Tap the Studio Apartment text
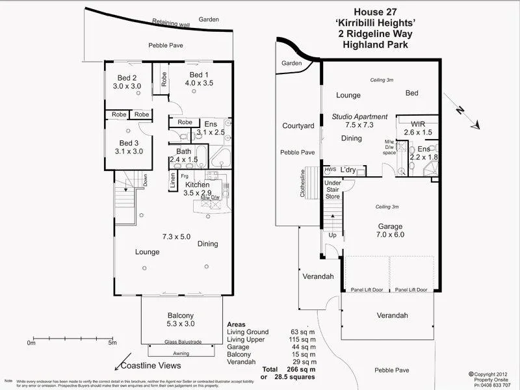tap(359, 117)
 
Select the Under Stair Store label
tap(333, 189)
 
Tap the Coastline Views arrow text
tap(148, 367)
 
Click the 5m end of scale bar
tap(112, 342)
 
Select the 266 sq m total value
tap(301, 369)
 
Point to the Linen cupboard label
tap(173, 181)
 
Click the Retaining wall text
tap(171, 24)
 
